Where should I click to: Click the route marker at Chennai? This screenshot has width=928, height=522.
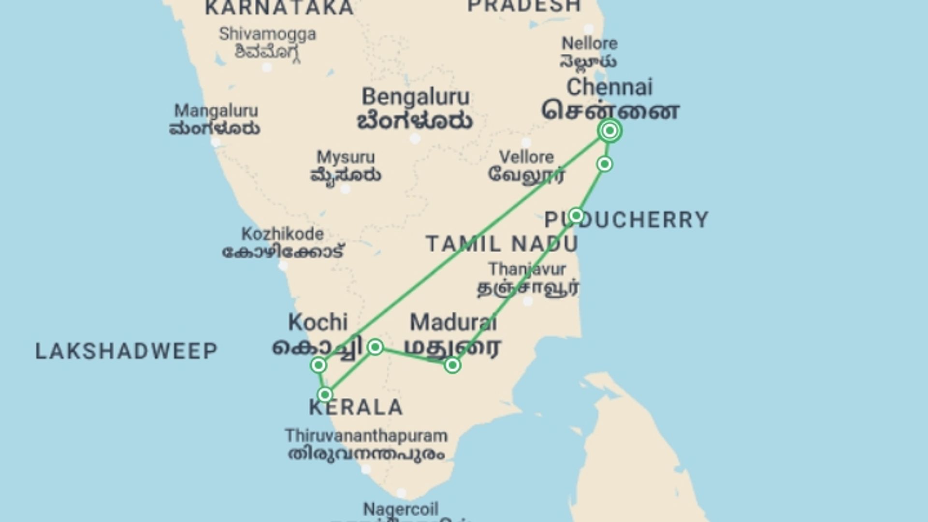pos(610,130)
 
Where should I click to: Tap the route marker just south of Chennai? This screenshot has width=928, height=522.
pos(605,164)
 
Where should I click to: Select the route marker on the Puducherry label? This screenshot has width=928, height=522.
pos(576,215)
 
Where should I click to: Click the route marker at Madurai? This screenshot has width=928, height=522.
pos(452,365)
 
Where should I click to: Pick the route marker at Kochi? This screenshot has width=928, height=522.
pos(319,365)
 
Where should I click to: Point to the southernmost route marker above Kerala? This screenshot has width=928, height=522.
pos(325,395)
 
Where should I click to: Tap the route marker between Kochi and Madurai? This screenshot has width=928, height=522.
pos(376,347)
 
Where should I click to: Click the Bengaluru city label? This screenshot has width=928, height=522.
pos(415,98)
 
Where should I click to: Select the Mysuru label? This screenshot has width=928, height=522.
pos(346,158)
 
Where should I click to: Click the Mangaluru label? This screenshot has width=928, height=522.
pos(216,111)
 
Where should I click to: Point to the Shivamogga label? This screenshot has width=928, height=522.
pos(267,34)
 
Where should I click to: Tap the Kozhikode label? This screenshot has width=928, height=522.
pos(283,234)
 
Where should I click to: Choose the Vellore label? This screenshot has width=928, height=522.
pos(526,158)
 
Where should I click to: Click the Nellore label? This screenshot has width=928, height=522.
pos(589,44)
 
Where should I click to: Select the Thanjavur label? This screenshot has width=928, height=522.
pos(527,269)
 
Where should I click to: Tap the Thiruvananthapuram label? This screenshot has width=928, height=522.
pos(366,436)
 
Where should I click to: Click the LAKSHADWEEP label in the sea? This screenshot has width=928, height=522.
pos(127,351)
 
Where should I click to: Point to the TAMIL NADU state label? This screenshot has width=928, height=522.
pos(502,244)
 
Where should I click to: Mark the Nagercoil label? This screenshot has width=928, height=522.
pos(401,509)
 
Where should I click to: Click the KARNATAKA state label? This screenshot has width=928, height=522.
pos(279,8)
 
